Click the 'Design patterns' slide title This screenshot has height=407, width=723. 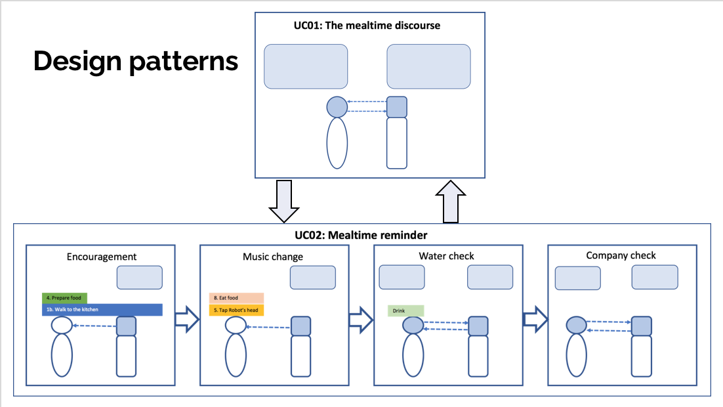(x=136, y=61)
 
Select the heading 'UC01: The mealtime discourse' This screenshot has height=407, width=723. (x=367, y=26)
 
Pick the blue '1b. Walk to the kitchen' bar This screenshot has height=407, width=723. (x=102, y=309)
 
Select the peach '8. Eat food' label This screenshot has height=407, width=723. (x=236, y=298)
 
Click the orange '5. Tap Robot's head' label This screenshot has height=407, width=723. (x=236, y=310)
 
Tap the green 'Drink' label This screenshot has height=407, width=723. (x=406, y=311)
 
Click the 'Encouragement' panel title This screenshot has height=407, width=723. (x=102, y=257)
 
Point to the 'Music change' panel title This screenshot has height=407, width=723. (x=273, y=257)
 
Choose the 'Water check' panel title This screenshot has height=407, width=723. (x=446, y=256)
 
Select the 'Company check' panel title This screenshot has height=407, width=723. (x=621, y=255)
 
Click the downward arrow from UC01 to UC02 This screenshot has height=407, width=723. (x=284, y=201)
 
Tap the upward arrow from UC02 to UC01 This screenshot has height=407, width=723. (x=450, y=201)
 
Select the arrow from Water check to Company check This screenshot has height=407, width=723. (x=535, y=318)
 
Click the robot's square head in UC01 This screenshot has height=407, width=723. (x=397, y=107)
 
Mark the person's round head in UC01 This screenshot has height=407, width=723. (x=337, y=106)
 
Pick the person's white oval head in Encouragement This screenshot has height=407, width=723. (x=62, y=325)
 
